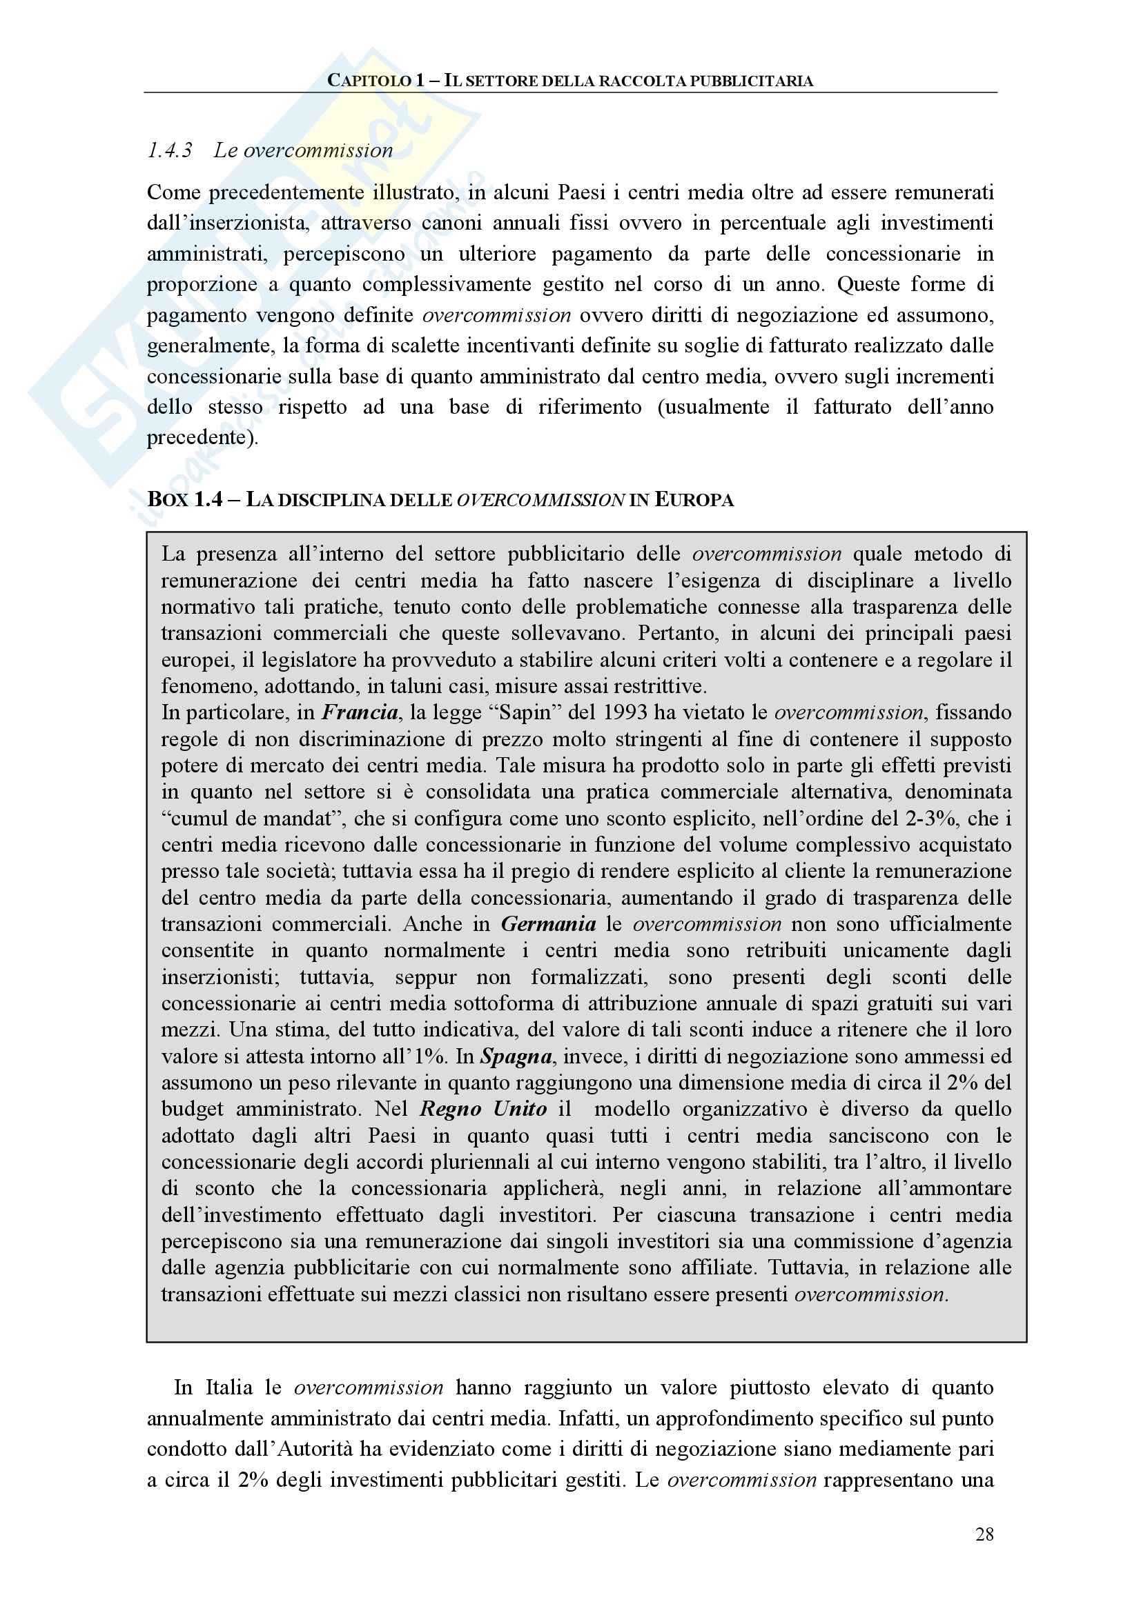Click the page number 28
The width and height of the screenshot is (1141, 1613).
tap(984, 1534)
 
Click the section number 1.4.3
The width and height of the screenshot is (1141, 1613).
tap(169, 150)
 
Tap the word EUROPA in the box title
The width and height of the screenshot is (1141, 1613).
tap(694, 499)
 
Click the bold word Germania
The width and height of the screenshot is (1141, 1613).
tap(548, 924)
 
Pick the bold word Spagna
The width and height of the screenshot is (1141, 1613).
tap(516, 1056)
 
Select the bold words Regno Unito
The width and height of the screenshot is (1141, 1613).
tap(483, 1109)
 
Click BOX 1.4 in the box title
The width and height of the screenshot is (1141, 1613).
tap(185, 499)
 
